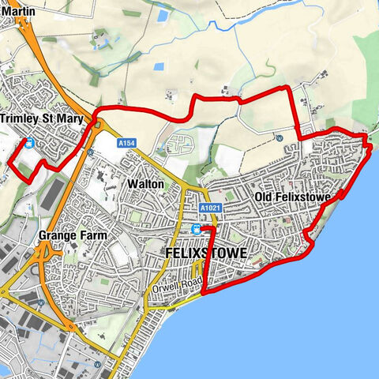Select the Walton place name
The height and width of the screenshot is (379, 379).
click(x=144, y=183)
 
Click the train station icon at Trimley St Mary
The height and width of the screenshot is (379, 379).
click(x=29, y=143)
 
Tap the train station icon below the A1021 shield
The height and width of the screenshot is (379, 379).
click(x=197, y=228)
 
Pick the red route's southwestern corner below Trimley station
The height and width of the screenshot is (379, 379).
click(x=30, y=182)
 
